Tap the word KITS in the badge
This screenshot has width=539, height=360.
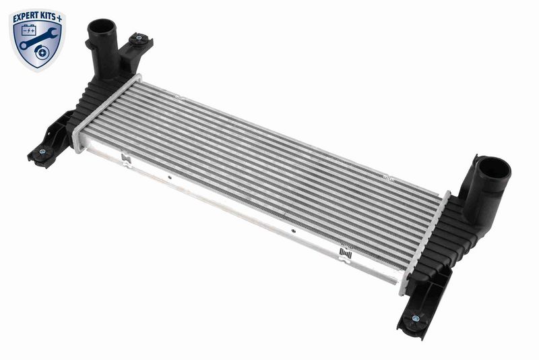click(x=46, y=16)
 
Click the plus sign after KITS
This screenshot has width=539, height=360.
click(x=60, y=19)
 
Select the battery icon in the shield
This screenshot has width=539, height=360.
click(x=29, y=30)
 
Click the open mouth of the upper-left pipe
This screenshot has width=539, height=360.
click(x=102, y=27)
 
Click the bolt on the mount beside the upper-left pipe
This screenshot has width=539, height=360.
click(x=139, y=38)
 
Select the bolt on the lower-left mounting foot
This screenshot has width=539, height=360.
click(x=42, y=151)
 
